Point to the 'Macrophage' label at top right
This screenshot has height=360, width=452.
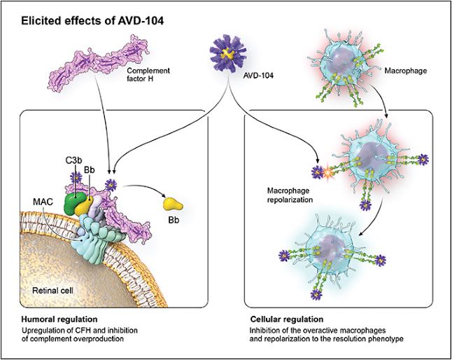click(x=407, y=71)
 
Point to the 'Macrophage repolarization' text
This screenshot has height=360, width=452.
click(x=292, y=194)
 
